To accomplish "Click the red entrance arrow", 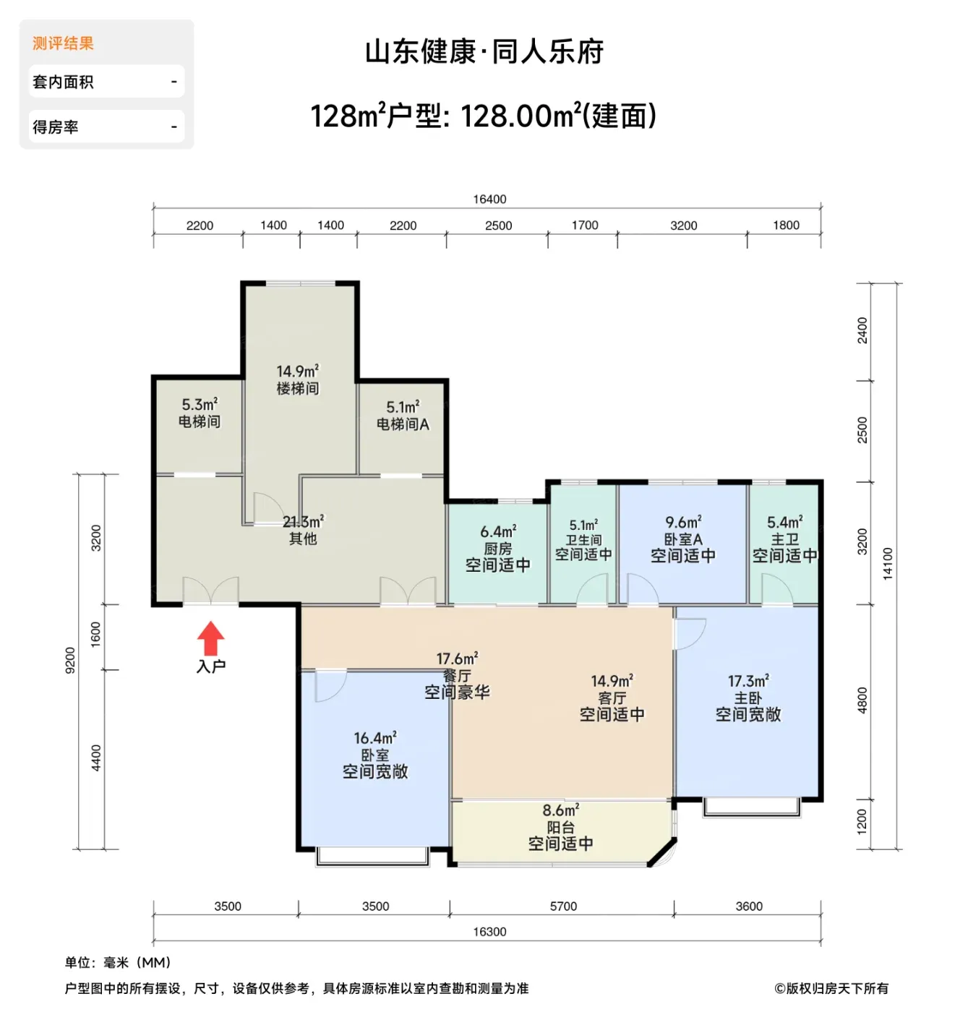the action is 210,638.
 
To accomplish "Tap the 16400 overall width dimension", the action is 489,199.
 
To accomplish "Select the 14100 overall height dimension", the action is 887,562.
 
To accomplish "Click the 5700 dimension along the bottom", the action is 563,906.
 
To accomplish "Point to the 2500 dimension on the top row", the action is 498,226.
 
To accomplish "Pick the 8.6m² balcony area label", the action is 560,810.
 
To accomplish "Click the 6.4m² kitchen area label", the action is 498,531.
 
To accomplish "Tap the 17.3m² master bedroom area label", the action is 748,680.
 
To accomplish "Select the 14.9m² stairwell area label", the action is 297,371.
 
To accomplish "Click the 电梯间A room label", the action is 402,424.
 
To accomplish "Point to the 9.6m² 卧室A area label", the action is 682,522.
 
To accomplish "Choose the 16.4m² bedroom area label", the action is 374,737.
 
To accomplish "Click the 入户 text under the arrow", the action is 210,666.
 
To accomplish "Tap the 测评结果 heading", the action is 63,43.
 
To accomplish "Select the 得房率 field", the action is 106,126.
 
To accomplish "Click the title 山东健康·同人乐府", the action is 484,52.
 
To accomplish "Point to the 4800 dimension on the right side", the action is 862,700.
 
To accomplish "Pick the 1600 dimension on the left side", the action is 95,634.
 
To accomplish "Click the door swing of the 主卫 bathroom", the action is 776,588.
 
